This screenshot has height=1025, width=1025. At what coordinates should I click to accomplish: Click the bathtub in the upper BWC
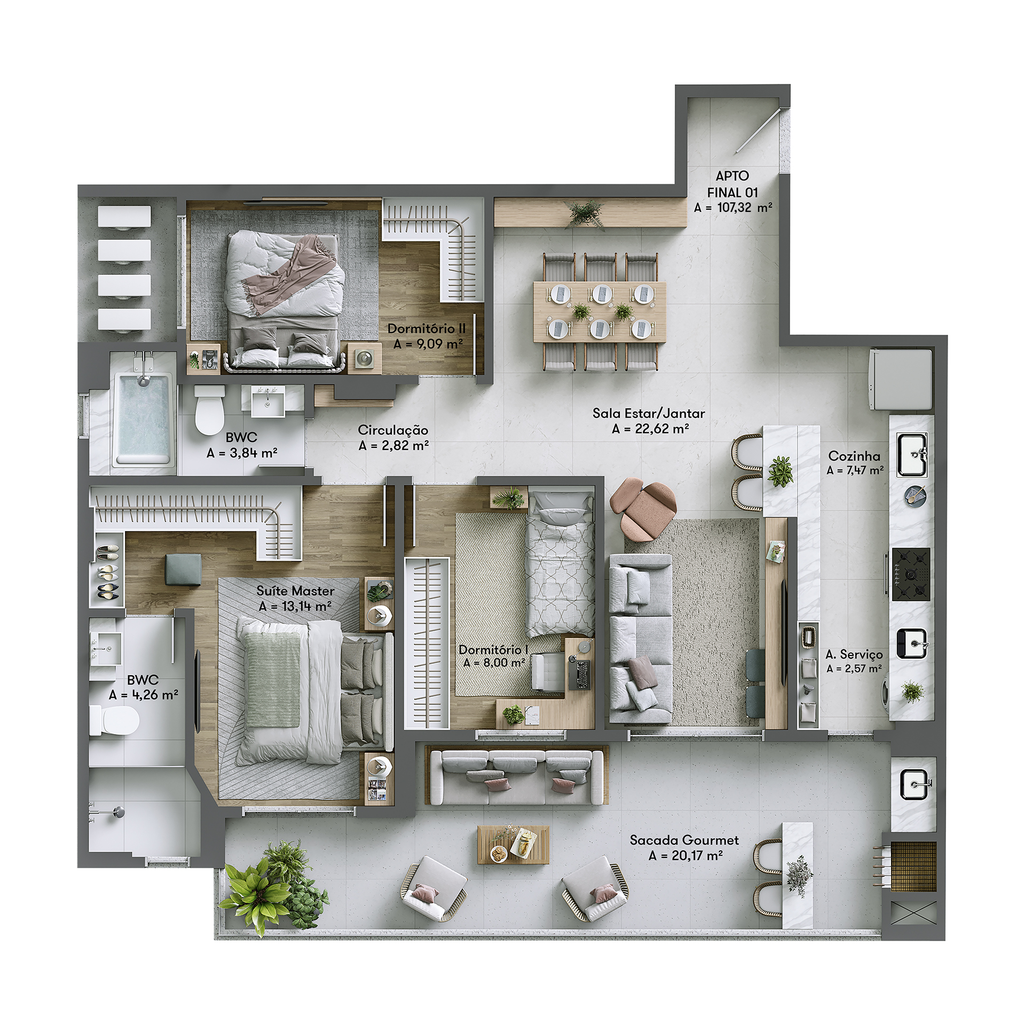[x=143, y=419]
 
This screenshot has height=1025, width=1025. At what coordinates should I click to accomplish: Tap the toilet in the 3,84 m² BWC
[x=209, y=409]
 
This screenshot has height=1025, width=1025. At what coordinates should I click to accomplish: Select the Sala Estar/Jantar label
[x=649, y=413]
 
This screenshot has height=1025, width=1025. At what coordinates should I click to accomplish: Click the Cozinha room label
[x=854, y=456]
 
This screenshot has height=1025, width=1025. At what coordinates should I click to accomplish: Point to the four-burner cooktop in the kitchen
[x=911, y=574]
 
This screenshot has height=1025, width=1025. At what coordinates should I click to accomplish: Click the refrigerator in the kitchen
[x=901, y=379]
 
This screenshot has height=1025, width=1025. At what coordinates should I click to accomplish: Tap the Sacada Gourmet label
[x=684, y=840]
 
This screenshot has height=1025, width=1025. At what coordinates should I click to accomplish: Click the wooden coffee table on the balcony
[x=513, y=844]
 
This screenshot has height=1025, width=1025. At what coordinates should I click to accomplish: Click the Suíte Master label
[x=295, y=591]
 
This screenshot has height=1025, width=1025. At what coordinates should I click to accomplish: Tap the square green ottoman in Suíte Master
[x=183, y=570]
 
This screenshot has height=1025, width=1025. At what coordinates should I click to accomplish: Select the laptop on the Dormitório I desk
[x=581, y=675]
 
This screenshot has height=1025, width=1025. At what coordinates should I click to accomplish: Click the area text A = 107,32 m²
[x=733, y=208]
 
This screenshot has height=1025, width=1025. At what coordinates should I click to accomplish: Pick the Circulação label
[x=393, y=430]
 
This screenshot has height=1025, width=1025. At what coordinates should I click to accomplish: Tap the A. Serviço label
[x=854, y=655]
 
